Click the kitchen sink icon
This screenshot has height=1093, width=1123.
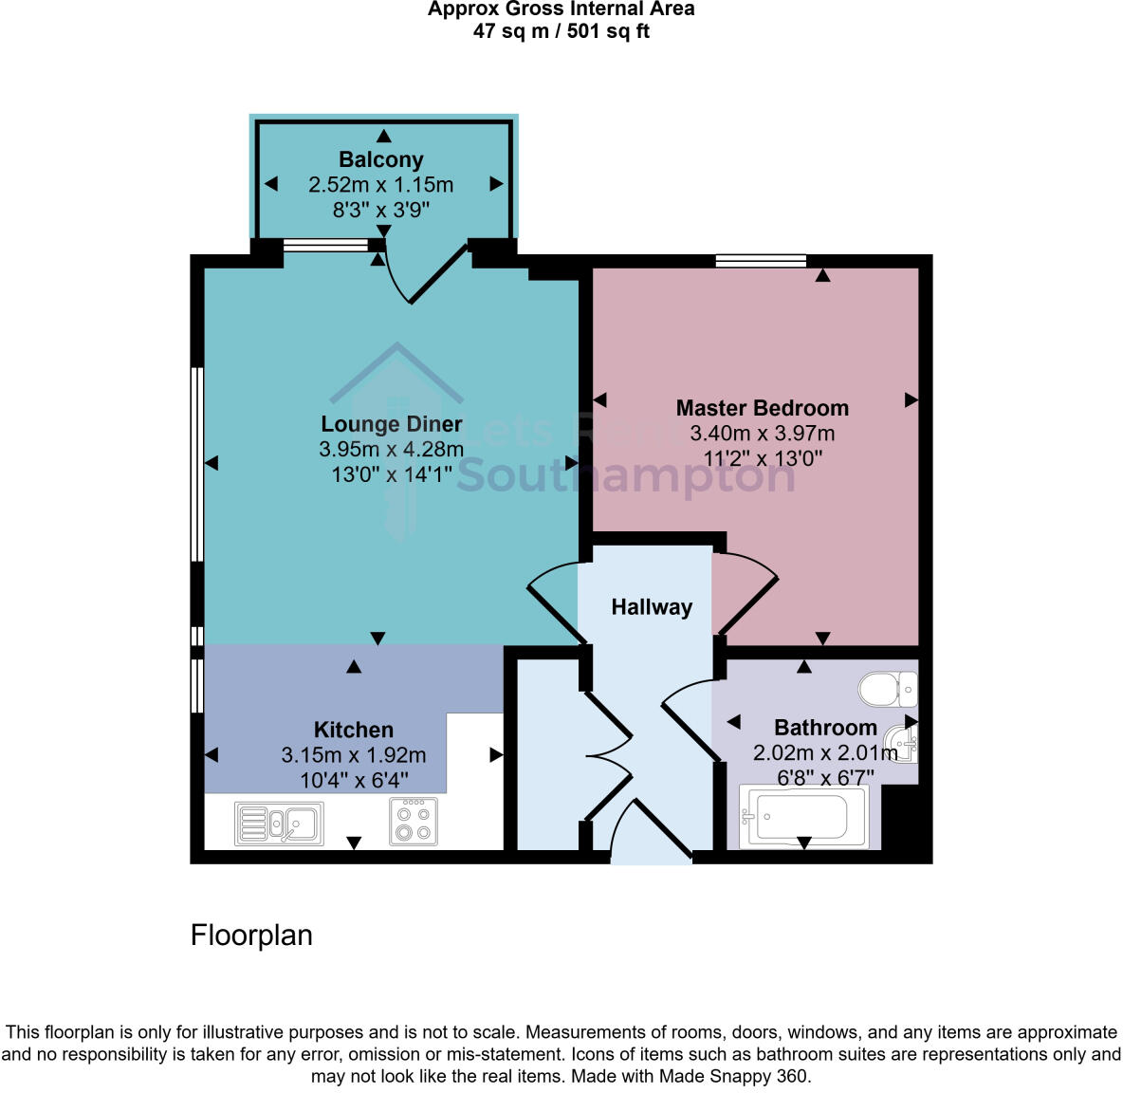279,823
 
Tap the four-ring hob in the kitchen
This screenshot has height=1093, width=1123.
414,822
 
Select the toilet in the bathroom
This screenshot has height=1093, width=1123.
888,689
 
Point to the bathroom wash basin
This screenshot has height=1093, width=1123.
902,741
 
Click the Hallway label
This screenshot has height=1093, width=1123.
652,607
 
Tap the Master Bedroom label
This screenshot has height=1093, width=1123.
762,408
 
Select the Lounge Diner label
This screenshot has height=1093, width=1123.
392,424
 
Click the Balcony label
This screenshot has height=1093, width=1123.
381,159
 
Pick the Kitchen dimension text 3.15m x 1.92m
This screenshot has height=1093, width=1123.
353,755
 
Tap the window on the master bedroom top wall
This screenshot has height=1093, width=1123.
761,261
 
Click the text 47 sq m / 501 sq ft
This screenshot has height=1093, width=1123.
561,31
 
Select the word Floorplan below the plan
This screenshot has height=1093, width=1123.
251,936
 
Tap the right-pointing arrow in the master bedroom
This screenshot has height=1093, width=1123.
911,400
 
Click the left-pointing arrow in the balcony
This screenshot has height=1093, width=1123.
271,184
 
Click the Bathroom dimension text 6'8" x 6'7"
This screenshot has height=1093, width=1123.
825,778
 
